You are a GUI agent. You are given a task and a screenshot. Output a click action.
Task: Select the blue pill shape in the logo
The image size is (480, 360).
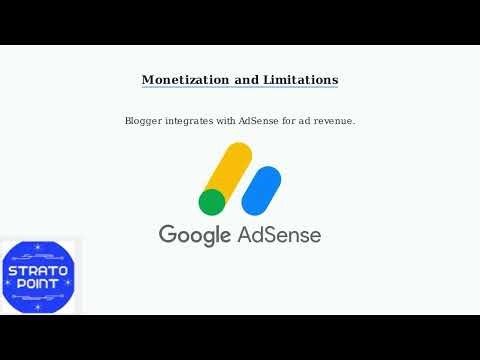[x=261, y=190]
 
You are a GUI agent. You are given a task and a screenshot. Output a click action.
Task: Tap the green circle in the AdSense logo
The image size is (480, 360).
[x=212, y=202]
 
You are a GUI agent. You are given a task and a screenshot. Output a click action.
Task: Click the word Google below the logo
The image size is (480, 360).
[x=195, y=236]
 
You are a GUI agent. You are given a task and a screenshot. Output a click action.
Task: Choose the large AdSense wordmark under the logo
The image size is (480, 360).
[x=279, y=235]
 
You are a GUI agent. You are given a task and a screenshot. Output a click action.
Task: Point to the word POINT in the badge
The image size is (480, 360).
[x=39, y=285]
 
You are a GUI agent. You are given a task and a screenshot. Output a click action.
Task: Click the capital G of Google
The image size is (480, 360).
[x=168, y=235]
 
